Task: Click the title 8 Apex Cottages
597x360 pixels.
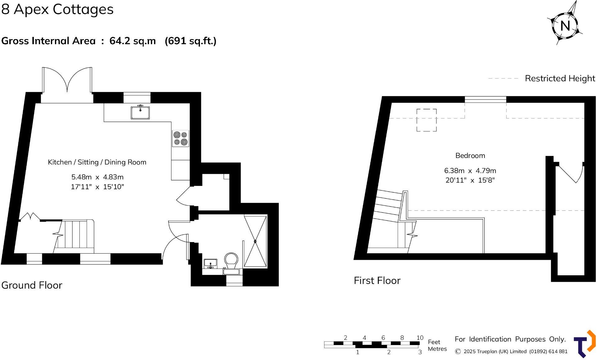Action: pyautogui.click(x=57, y=9)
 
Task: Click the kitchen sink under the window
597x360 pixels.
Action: pyautogui.click(x=140, y=112)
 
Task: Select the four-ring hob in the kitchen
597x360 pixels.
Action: pyautogui.click(x=181, y=138)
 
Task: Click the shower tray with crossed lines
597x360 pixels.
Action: pyautogui.click(x=255, y=241)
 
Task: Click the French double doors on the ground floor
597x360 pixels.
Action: pyautogui.click(x=67, y=81)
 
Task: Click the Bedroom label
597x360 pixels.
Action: pyautogui.click(x=470, y=155)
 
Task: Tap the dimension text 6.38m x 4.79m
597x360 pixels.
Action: pyautogui.click(x=470, y=171)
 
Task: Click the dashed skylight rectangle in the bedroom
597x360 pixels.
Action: pyautogui.click(x=426, y=120)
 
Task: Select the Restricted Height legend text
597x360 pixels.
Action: pyautogui.click(x=560, y=78)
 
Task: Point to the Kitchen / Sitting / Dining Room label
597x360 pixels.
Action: pyautogui.click(x=97, y=162)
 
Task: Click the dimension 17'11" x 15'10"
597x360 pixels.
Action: pyautogui.click(x=97, y=187)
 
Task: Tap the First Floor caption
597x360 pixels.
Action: pyautogui.click(x=377, y=281)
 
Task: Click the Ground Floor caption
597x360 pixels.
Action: pyautogui.click(x=32, y=285)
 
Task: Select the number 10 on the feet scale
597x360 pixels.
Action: pyautogui.click(x=420, y=338)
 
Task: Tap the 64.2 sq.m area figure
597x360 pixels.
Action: pyautogui.click(x=133, y=41)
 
